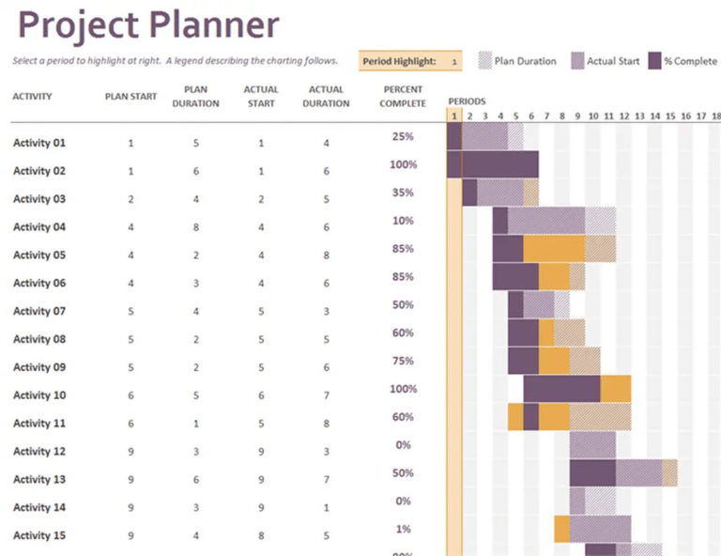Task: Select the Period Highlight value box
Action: coord(453,61)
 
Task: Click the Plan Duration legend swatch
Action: coord(484,61)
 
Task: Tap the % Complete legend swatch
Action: coord(654,61)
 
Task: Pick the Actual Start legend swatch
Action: coord(577,61)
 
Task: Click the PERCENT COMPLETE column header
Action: coord(403,97)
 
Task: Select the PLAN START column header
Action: coord(130,97)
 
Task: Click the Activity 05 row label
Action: coord(39,255)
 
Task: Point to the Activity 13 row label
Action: coord(39,480)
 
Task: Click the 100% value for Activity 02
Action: coord(403,164)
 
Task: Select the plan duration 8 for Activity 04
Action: coord(196,227)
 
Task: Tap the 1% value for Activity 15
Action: coord(403,530)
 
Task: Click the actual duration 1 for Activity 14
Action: coord(326,508)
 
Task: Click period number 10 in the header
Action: coord(593,116)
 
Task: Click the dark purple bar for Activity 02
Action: coord(493,164)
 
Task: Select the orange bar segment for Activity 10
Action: coord(616,389)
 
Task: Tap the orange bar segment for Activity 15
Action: coord(561,530)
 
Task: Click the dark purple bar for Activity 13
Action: coord(592,473)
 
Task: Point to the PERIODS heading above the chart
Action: coord(467,100)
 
